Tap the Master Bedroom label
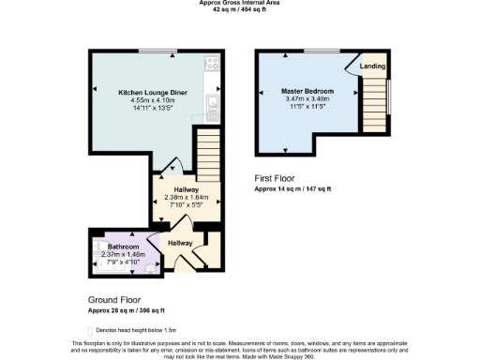308,91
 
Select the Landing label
371,67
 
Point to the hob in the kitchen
213,64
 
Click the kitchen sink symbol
214,103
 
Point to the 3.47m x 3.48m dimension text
308,98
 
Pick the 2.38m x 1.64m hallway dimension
186,197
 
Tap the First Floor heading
276,178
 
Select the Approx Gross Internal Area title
239,3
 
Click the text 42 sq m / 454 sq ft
239,10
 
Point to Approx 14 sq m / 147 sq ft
292,188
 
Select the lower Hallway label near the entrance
180,243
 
